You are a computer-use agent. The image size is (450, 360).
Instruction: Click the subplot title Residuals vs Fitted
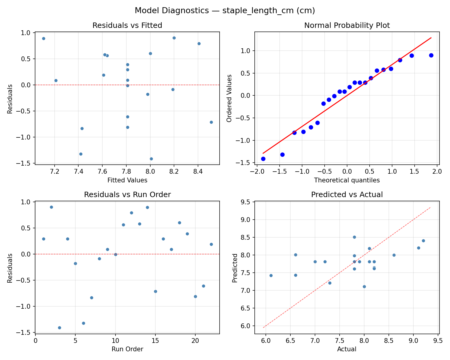[127, 25]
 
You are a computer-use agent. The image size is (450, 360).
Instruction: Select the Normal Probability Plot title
[347, 25]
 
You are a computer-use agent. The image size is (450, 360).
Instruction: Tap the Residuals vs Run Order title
[127, 195]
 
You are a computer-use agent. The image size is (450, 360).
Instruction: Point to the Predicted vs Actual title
[347, 195]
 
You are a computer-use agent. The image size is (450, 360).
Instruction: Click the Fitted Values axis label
[127, 180]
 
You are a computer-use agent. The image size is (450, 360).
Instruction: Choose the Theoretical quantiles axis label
[347, 180]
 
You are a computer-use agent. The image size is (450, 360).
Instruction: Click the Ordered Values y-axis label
[229, 98]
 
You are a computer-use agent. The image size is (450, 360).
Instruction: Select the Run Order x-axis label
[127, 349]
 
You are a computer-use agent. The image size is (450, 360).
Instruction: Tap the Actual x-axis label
[347, 349]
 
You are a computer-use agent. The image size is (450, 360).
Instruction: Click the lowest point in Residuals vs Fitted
[151, 159]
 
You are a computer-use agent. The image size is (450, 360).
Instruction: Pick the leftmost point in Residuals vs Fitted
[43, 38]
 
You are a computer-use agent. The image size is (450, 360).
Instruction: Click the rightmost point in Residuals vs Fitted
[211, 122]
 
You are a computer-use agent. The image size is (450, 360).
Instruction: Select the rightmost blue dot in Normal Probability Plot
[431, 55]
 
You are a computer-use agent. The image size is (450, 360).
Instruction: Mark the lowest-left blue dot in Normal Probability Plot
[263, 159]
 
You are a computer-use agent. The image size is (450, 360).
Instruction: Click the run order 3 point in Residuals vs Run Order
[59, 328]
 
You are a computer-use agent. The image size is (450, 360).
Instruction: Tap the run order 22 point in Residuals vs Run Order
[211, 244]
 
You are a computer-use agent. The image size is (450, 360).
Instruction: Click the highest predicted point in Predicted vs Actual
[354, 237]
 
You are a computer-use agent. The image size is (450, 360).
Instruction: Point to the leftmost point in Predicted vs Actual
[271, 275]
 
